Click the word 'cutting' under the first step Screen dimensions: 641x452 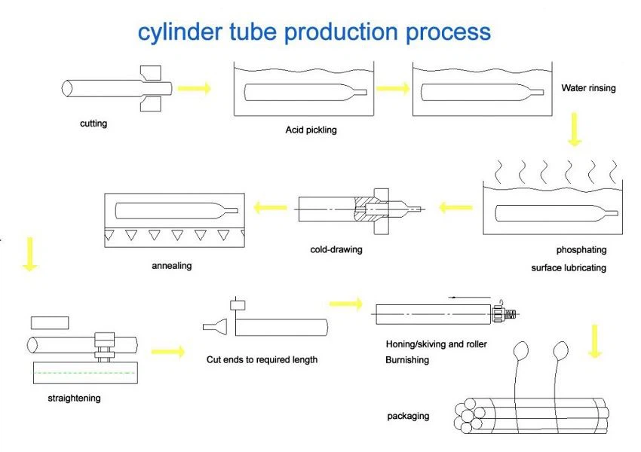click(94, 124)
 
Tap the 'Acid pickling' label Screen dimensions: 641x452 click(311, 130)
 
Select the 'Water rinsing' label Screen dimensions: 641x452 click(588, 88)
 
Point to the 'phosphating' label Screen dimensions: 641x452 click(581, 250)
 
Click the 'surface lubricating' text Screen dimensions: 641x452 click(569, 268)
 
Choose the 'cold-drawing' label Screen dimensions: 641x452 click(336, 249)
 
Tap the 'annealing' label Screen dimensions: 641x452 click(172, 266)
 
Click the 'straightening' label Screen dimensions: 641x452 click(74, 398)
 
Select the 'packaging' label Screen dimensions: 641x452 click(408, 416)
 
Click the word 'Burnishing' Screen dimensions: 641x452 click(407, 360)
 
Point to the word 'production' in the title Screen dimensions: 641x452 click(341, 32)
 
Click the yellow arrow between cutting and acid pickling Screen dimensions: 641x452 click(195, 88)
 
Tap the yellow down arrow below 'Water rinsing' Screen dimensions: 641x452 click(575, 130)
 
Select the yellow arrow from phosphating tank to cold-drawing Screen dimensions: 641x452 click(455, 207)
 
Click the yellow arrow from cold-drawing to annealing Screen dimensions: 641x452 click(270, 207)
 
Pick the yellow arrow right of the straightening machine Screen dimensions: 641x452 click(168, 352)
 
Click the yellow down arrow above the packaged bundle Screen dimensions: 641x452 click(595, 341)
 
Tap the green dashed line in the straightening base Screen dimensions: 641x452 click(85, 373)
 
